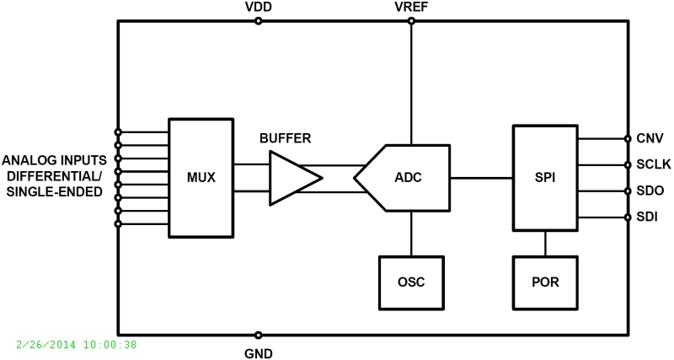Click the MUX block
point(201,178)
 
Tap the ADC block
point(404,178)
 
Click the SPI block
point(545,178)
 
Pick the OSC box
point(410,282)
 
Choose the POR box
point(545,282)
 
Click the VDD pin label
point(258,7)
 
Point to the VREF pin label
point(410,7)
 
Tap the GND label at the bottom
point(258,352)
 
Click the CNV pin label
point(650,138)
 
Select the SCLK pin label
point(654,164)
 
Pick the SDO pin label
point(650,191)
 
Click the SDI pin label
point(649,218)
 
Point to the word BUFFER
point(285,137)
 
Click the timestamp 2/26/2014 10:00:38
point(77,344)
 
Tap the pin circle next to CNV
point(628,138)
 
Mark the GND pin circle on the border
point(258,335)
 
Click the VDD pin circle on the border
point(258,21)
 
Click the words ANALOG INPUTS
point(55,160)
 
